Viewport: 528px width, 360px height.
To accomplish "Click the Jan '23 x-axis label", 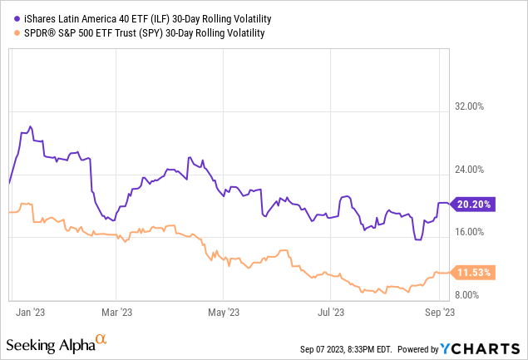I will (30, 313).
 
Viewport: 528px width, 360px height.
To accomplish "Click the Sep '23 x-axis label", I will (438, 313).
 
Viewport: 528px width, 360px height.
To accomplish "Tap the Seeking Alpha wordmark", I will (49, 344).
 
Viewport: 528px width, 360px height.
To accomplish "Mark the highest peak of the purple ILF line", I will (31, 126).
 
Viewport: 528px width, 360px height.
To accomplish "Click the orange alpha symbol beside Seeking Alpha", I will (101, 340).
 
